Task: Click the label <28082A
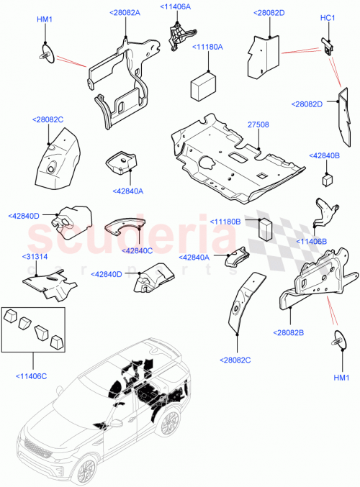(x=125, y=13)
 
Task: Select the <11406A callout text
(x=176, y=6)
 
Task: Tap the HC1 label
(x=328, y=18)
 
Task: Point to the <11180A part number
(x=207, y=47)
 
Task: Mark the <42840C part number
(x=138, y=250)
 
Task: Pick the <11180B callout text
(x=225, y=222)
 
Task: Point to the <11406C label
(x=30, y=374)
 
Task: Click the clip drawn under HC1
(x=328, y=45)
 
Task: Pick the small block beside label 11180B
(x=264, y=227)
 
